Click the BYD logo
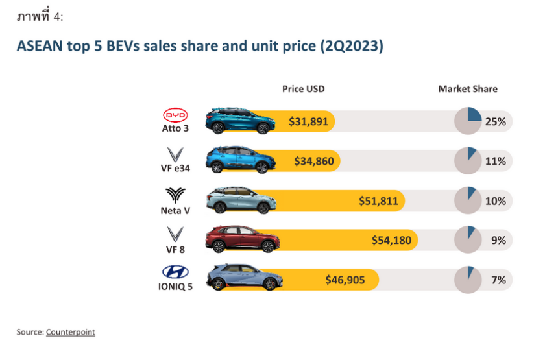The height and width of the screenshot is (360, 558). click(175, 115)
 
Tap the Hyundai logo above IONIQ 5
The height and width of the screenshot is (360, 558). click(175, 272)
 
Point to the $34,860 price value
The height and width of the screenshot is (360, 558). click(314, 161)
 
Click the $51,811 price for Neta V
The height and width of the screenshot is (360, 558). click(378, 201)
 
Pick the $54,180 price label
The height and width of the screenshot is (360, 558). click(391, 241)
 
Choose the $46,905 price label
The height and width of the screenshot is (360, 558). click(345, 280)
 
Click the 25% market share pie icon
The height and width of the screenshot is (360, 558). click(467, 121)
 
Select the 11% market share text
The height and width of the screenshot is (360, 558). click(496, 161)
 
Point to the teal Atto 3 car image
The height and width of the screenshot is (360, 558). click(238, 120)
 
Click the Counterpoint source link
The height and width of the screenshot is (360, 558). click(70, 332)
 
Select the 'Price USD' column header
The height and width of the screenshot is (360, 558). click(303, 89)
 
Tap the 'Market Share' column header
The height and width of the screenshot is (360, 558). click(468, 89)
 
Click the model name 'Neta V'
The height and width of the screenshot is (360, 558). click(175, 211)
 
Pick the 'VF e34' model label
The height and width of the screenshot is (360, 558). click(175, 171)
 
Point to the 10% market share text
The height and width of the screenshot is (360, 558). click(496, 201)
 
